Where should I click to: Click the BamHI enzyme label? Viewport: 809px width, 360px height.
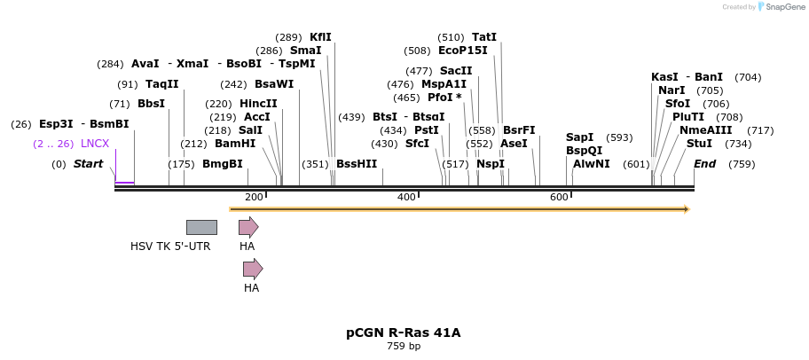234,144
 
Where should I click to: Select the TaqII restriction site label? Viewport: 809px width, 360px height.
161,84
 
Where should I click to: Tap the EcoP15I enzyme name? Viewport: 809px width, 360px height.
462,51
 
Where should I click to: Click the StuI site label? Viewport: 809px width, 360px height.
699,144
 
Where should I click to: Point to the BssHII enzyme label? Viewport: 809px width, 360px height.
356,164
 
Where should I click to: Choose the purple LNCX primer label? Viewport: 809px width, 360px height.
95,144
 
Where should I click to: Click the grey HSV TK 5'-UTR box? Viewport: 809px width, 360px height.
201,227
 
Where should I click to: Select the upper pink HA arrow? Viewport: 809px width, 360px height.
248,227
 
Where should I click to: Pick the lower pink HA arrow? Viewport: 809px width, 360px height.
253,269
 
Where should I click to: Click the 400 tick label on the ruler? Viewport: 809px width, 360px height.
406,197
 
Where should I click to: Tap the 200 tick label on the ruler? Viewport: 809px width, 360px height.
254,197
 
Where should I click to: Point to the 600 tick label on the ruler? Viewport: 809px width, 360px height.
559,197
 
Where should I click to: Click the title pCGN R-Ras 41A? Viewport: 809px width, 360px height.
404,333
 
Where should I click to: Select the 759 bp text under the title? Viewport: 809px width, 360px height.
404,347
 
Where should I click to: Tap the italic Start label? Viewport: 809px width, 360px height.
88,164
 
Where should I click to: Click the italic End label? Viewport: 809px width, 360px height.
704,164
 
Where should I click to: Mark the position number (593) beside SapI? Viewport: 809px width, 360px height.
619,137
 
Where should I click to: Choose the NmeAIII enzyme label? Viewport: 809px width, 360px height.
706,130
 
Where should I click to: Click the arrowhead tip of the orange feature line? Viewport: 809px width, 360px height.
687,209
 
